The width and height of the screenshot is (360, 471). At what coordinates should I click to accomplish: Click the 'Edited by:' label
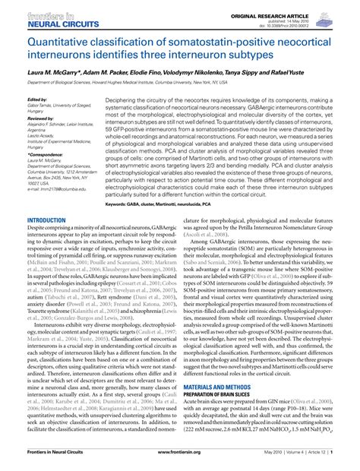tap(37, 99)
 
